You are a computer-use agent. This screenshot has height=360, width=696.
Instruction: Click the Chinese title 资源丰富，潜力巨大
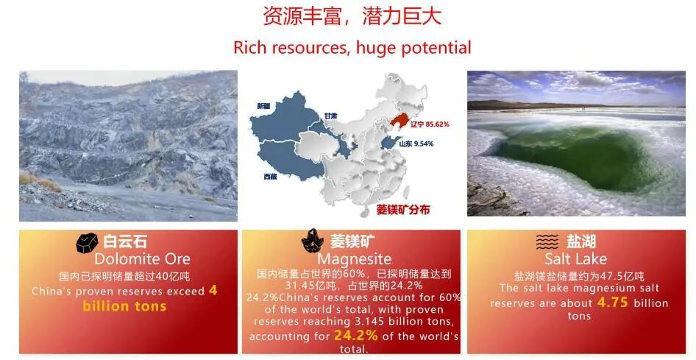click(x=352, y=16)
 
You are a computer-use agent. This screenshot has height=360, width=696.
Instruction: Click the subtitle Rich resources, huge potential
click(x=352, y=48)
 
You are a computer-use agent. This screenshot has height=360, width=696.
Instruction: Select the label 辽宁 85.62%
click(x=430, y=124)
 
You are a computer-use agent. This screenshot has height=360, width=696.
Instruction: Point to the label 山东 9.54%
click(x=416, y=144)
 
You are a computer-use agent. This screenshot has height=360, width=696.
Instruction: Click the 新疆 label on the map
click(x=263, y=106)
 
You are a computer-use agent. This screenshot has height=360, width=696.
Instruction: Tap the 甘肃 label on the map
click(x=330, y=116)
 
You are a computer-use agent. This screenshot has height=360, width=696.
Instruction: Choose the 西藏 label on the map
click(x=270, y=177)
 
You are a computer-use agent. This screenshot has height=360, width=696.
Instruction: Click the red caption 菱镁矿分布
click(x=403, y=210)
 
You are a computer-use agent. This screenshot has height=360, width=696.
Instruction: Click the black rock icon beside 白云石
click(x=87, y=243)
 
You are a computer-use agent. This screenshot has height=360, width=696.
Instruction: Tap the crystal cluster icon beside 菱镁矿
click(x=313, y=241)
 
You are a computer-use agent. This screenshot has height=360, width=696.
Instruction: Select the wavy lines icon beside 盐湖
click(x=547, y=242)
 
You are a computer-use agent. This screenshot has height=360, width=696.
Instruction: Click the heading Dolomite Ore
click(x=143, y=259)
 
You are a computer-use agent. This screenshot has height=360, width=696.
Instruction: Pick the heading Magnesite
click(x=355, y=259)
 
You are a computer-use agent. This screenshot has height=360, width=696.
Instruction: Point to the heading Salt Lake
click(x=576, y=258)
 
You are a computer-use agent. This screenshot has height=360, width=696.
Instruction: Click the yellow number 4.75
click(x=613, y=303)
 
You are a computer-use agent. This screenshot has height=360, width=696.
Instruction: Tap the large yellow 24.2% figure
click(x=355, y=335)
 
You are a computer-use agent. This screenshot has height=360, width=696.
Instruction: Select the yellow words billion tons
click(x=125, y=306)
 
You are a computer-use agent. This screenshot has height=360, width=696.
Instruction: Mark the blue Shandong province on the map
click(x=391, y=143)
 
